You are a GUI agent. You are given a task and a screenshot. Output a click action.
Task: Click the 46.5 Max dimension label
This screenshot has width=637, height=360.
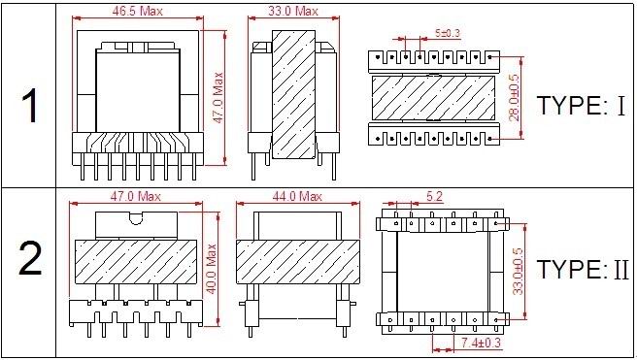(137, 11)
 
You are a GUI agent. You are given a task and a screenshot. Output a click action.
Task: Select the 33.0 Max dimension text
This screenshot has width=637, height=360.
(293, 11)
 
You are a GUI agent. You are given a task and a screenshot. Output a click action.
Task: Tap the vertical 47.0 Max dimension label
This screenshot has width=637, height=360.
(218, 98)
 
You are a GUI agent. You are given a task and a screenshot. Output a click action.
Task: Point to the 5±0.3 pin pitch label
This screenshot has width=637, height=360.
(448, 32)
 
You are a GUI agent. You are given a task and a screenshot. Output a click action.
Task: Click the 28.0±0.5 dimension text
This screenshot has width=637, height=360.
(514, 97)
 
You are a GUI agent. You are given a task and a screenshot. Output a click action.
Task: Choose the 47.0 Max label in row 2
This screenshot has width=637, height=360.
(136, 196)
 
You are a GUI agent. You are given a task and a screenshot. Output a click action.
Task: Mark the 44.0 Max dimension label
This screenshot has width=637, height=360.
(297, 196)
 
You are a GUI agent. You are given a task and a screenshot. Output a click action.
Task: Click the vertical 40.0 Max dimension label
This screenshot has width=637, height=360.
(212, 269)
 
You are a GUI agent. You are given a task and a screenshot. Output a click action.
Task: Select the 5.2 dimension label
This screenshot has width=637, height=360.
(434, 196)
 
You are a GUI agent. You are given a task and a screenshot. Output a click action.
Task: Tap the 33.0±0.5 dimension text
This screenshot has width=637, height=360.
(518, 271)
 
